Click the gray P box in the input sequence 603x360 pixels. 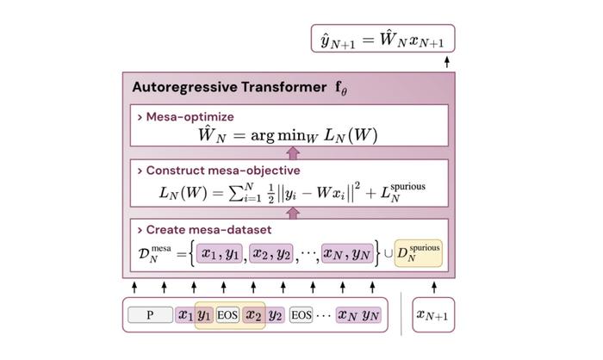point(150,314)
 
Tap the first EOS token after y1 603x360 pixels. point(227,315)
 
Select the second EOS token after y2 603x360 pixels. point(301,315)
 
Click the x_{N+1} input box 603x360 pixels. point(433,314)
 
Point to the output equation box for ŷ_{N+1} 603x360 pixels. point(382,39)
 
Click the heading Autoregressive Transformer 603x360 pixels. point(229,87)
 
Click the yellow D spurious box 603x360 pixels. point(419,253)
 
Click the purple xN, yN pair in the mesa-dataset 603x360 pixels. point(347,253)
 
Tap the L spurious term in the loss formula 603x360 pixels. point(403,192)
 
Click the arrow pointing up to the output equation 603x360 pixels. point(447,62)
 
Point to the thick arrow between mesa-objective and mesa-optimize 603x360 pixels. point(293,152)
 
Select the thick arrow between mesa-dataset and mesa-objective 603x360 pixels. point(293,213)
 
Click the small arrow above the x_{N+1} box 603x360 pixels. point(434,288)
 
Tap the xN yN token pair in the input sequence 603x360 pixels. point(358,315)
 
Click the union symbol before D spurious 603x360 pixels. point(389,254)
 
